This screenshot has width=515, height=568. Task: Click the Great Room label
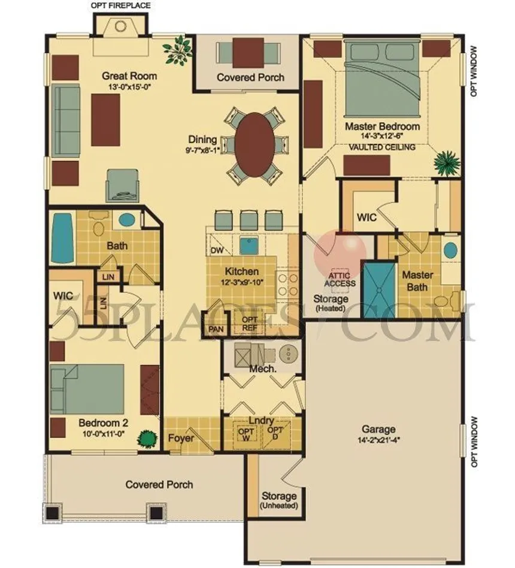point(129,76)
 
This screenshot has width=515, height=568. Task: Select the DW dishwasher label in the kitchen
point(217,250)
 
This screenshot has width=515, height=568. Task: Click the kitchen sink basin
point(249,246)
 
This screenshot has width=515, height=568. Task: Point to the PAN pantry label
point(216,330)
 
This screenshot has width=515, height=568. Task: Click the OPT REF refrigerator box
point(249,324)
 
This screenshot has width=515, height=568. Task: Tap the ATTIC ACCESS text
point(340,279)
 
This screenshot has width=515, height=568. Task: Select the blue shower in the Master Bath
point(379,290)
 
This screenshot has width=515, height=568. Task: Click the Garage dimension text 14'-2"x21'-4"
point(378,440)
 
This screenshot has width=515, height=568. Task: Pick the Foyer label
point(181,438)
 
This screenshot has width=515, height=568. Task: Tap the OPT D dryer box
point(275,433)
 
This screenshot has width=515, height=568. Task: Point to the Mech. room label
point(263,368)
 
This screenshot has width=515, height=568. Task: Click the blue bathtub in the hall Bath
point(62,238)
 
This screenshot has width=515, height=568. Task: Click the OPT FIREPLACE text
point(120,6)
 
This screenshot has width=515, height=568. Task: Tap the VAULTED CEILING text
point(382,147)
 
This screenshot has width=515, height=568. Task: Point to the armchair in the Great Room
point(122,186)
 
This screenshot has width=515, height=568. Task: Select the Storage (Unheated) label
point(279,500)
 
